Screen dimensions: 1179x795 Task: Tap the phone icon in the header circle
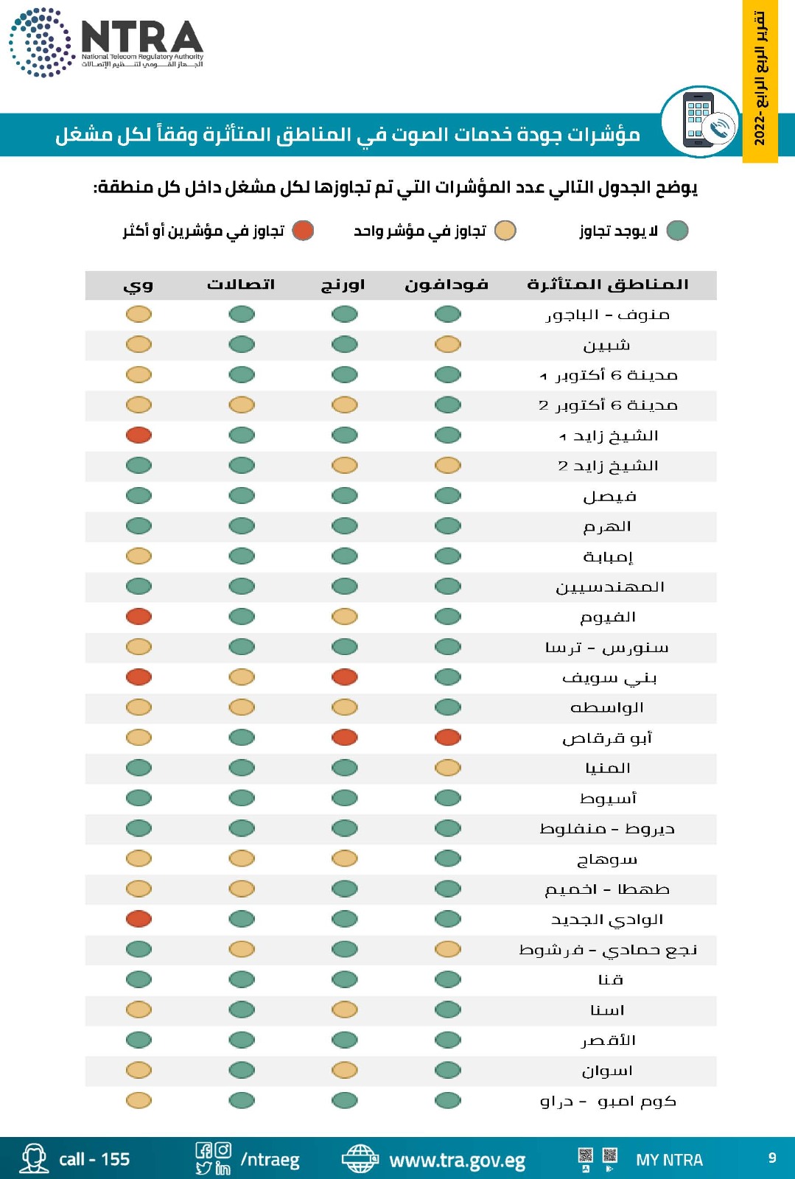[x=700, y=121]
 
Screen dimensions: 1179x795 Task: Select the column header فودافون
[x=446, y=284]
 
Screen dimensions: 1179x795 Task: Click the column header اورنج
[x=343, y=284]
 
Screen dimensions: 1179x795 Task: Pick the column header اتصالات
[x=241, y=284]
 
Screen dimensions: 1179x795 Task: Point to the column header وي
[x=139, y=284]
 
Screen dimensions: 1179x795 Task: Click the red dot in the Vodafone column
[x=447, y=737]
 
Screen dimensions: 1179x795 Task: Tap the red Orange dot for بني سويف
[x=344, y=676]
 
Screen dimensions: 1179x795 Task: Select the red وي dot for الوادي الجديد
[x=139, y=918]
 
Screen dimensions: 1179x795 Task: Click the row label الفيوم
[x=608, y=617]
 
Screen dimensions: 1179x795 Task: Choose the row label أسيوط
[x=608, y=798]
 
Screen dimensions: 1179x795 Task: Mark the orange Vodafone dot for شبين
[x=447, y=344]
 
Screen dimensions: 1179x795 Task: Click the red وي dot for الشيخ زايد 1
[x=139, y=435]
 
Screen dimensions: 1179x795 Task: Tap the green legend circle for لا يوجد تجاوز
[x=677, y=231]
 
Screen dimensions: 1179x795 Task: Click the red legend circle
[x=303, y=231]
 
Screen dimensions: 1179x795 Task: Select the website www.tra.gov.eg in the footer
[x=457, y=1161]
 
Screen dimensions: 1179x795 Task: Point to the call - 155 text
[x=94, y=1159]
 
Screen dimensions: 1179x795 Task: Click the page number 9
[x=772, y=1158]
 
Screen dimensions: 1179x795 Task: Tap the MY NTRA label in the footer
[x=669, y=1160]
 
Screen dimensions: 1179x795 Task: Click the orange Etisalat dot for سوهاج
[x=242, y=858]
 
